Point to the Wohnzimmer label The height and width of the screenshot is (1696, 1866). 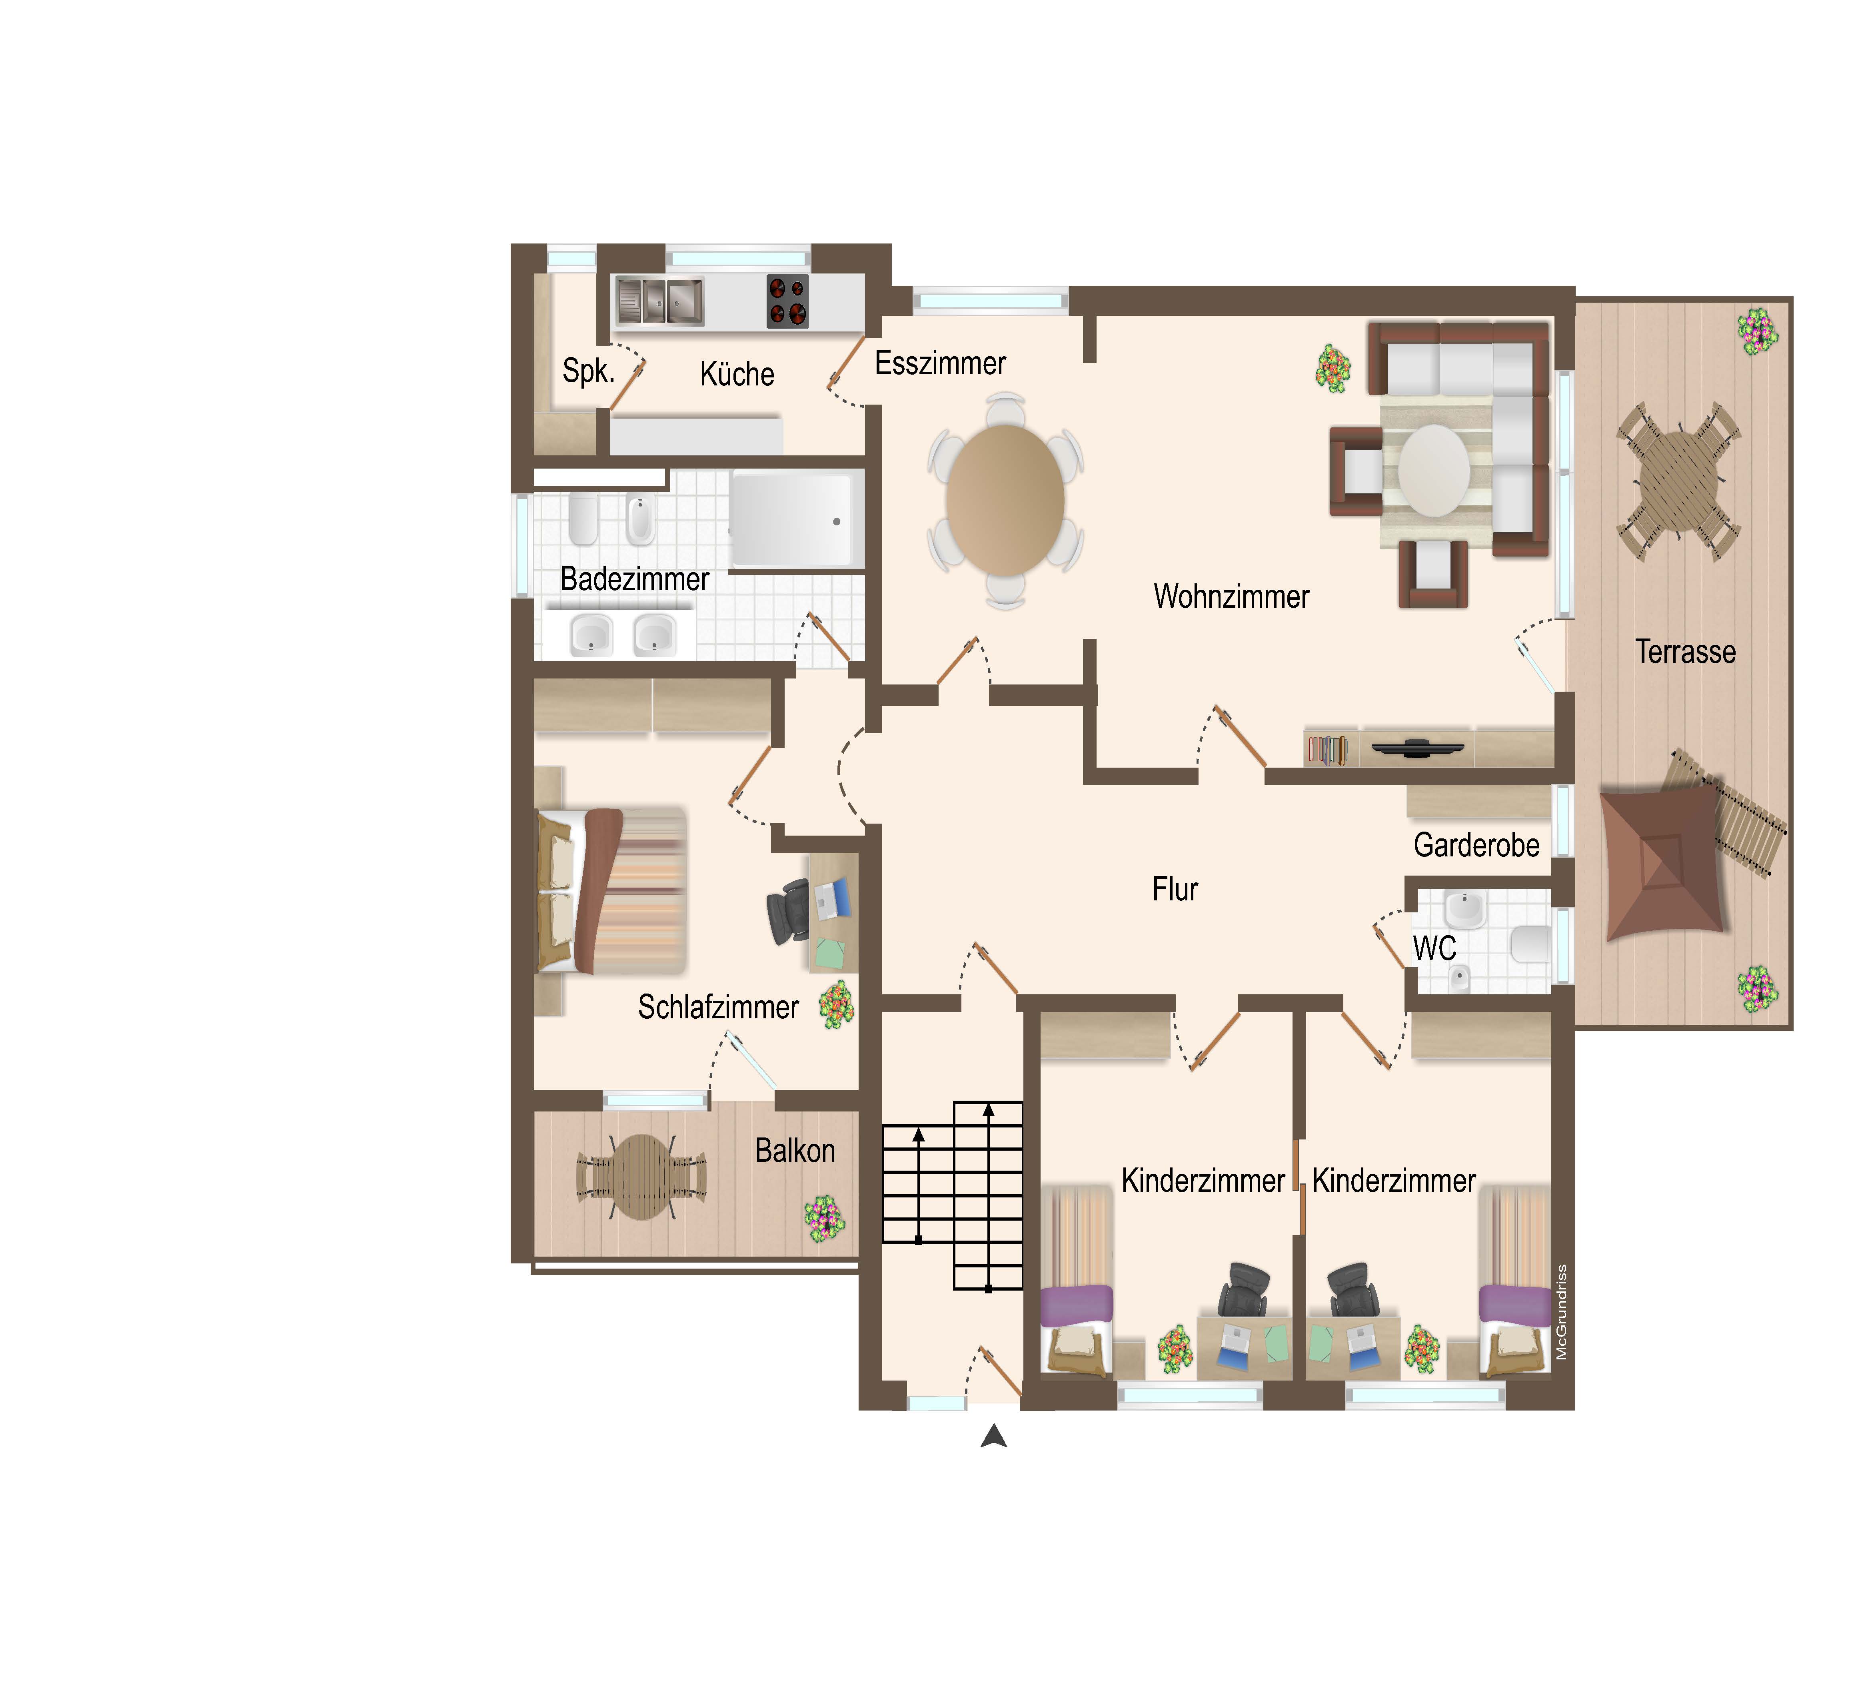click(1231, 597)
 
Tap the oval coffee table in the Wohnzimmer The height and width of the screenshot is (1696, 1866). click(1434, 470)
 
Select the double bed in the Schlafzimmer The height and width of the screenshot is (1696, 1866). click(611, 891)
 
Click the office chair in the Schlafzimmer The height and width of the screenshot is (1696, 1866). click(789, 912)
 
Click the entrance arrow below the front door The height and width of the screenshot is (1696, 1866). click(994, 1436)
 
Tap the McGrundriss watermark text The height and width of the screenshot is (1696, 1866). click(1562, 1312)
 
